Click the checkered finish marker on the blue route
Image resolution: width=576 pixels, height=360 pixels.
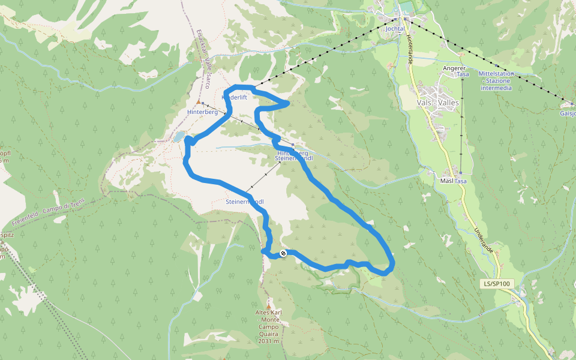click(x=283, y=253)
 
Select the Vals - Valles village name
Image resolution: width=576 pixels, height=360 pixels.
click(x=437, y=103)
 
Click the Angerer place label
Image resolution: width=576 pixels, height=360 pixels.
click(x=454, y=69)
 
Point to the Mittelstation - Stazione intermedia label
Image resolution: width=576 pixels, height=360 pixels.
click(x=496, y=80)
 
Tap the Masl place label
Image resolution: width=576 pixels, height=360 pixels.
click(x=446, y=181)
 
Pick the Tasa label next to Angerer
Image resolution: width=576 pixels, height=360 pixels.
click(x=462, y=74)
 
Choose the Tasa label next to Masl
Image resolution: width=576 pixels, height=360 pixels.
click(x=461, y=181)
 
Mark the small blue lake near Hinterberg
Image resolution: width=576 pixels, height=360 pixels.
click(x=179, y=137)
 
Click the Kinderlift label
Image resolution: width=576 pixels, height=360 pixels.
click(x=235, y=97)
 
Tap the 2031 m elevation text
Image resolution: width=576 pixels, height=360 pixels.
click(x=268, y=341)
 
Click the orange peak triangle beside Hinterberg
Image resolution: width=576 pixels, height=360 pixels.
click(x=198, y=102)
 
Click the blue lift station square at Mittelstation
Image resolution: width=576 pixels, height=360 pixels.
click(x=497, y=66)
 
